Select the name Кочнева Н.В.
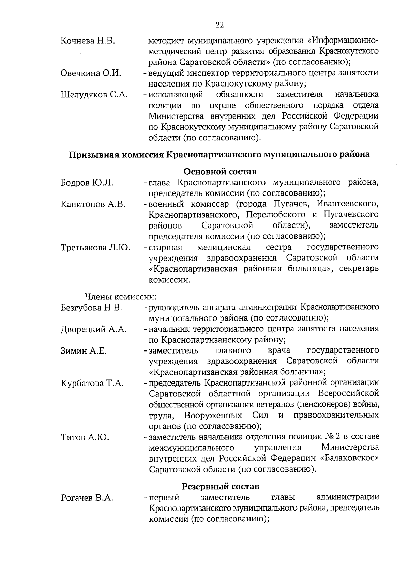(x=88, y=41)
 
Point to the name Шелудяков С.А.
(x=94, y=95)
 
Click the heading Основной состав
(x=220, y=171)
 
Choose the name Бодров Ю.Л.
(x=87, y=183)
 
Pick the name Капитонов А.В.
(x=93, y=204)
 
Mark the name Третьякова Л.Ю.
(x=95, y=247)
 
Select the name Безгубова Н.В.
(x=91, y=308)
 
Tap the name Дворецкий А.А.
(x=94, y=329)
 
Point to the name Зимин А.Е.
(x=84, y=351)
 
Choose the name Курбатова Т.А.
(x=92, y=383)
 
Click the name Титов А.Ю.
(x=85, y=437)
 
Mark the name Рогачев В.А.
(x=87, y=498)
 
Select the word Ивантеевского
(x=347, y=204)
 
